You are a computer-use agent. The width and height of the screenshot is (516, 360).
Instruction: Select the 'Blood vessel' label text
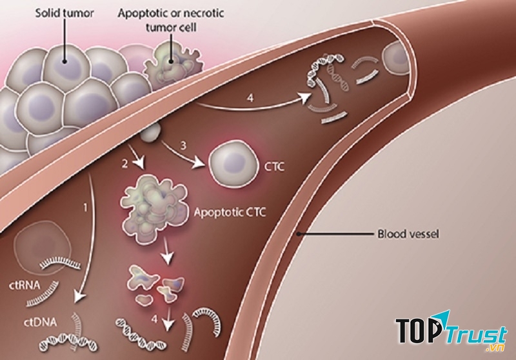click(x=409, y=235)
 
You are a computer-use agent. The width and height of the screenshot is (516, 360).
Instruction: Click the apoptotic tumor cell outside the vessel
click(x=170, y=61)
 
